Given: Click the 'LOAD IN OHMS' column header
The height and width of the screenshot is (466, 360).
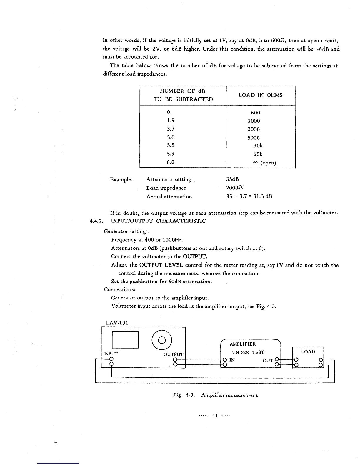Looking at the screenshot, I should [260, 95].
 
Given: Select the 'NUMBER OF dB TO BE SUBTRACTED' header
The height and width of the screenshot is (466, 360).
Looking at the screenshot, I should [183, 95].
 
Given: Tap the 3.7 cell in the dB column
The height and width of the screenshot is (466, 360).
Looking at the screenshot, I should [171, 129].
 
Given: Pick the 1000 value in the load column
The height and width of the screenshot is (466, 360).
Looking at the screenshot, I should [254, 121].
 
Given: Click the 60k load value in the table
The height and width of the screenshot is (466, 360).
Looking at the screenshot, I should [258, 154].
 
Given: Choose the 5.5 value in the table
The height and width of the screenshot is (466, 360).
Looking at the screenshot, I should [171, 145].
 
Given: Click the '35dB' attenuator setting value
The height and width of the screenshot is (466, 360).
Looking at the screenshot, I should [233, 179].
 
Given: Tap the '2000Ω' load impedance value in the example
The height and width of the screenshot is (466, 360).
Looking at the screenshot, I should [234, 188].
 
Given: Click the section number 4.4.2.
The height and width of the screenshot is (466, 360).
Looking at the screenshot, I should [96, 221].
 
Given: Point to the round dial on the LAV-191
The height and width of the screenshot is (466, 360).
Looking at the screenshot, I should [162, 340].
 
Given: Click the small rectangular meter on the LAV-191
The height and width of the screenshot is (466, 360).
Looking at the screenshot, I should [125, 340].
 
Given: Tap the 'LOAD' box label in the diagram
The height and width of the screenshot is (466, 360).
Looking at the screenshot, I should [308, 352].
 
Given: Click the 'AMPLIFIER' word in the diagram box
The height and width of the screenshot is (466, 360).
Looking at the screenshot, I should [243, 344].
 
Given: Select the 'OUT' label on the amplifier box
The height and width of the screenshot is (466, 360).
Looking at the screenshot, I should [268, 360].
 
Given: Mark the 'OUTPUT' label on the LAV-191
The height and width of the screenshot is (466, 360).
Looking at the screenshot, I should [173, 354].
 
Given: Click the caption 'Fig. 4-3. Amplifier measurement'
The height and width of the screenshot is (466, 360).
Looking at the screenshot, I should [215, 395].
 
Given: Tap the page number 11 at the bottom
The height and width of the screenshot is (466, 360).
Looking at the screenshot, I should [215, 416].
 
